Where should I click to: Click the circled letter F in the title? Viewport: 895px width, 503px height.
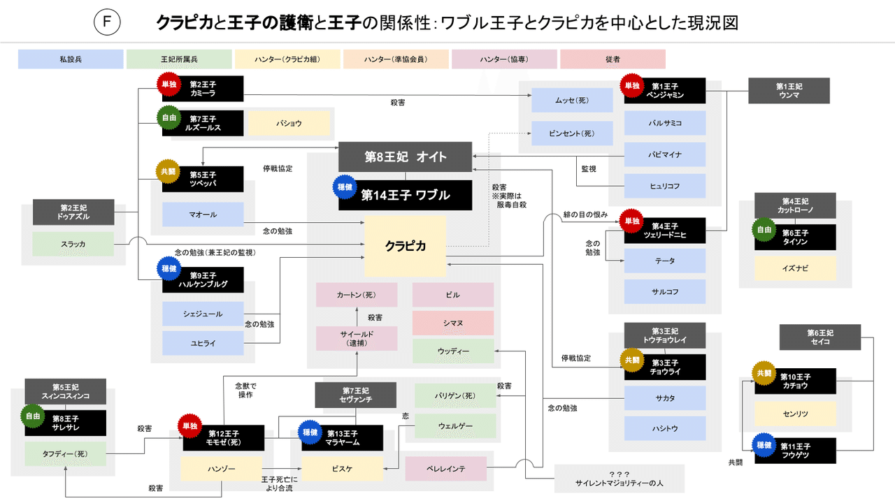[x=106, y=23]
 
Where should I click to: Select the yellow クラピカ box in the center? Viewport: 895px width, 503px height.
[x=405, y=245]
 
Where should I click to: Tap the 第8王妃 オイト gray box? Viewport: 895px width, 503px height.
[x=405, y=156]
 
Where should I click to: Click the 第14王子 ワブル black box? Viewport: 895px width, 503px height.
[x=405, y=196]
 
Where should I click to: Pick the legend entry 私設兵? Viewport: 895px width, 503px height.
[x=71, y=59]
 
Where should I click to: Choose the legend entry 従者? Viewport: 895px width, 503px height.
[x=613, y=59]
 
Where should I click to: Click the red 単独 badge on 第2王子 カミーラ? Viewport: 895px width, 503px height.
[x=169, y=84]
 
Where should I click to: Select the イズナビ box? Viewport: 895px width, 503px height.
[x=795, y=268]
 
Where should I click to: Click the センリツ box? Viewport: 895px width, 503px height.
[x=795, y=414]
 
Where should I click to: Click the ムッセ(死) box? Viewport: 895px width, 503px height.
[x=572, y=100]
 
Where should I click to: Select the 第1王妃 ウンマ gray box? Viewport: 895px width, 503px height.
[x=789, y=90]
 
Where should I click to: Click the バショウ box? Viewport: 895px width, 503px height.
[x=289, y=124]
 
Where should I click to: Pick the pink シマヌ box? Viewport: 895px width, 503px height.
[x=452, y=323]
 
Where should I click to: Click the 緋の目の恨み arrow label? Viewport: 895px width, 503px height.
[x=585, y=214]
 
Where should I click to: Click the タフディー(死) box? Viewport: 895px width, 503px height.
[x=65, y=453]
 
